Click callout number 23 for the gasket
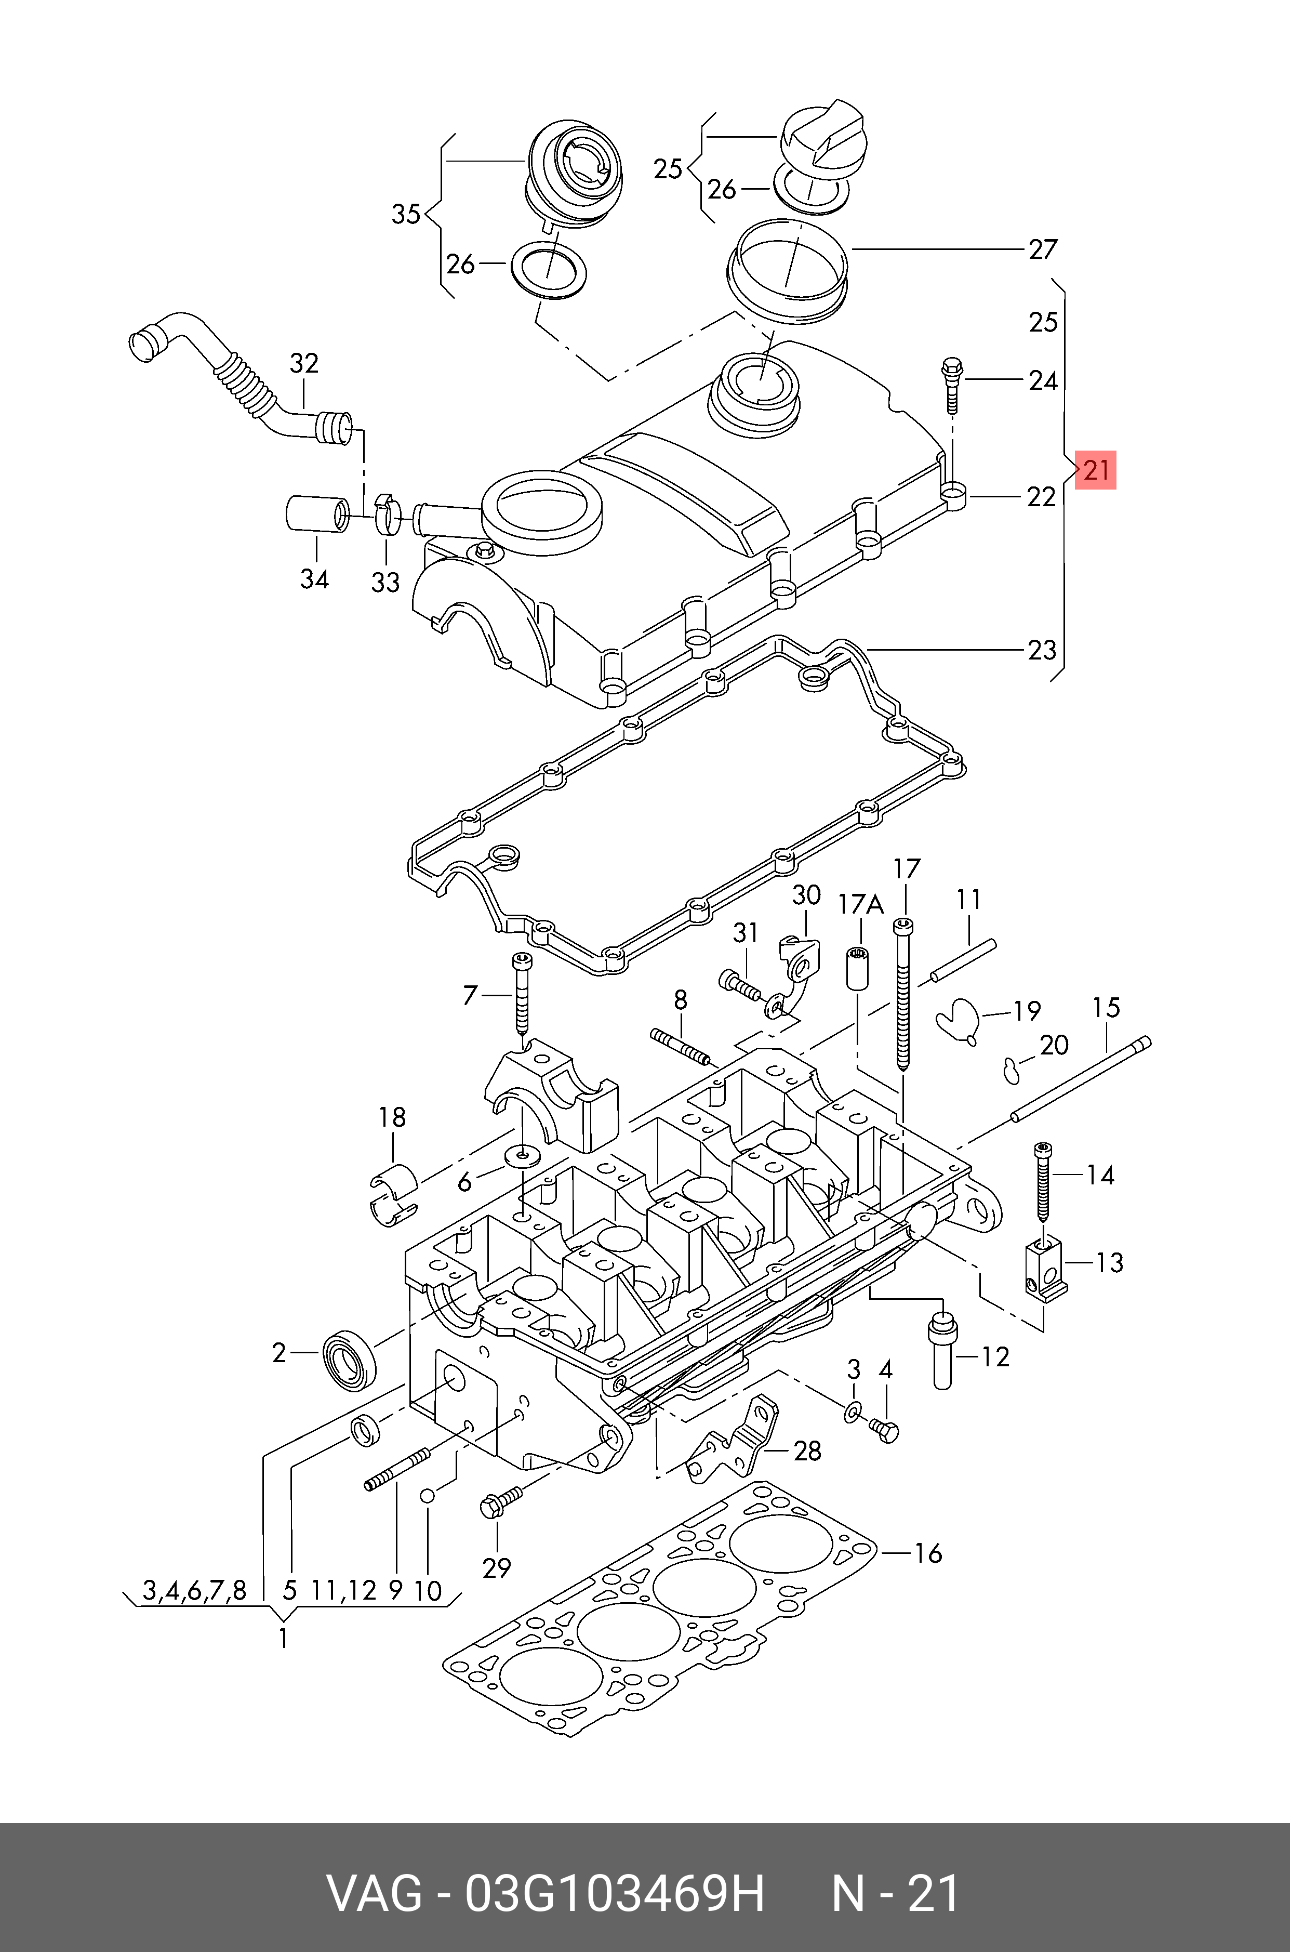click(1042, 650)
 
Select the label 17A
click(860, 905)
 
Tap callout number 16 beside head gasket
click(928, 1553)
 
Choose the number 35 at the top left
click(406, 214)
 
